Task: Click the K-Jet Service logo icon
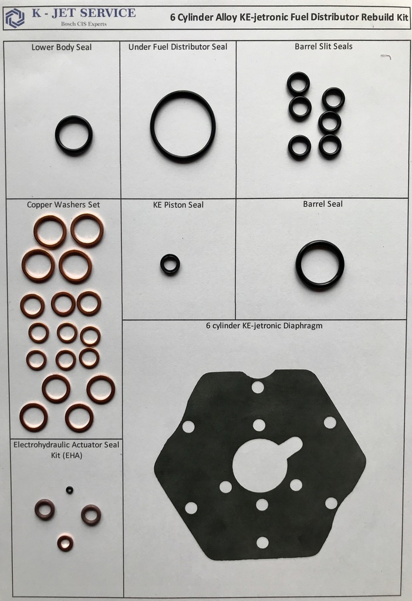[15, 18]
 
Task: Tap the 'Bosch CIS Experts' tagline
[84, 23]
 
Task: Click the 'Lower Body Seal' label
[62, 47]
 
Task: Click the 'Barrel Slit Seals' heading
[323, 46]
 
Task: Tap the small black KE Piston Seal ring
[170, 256]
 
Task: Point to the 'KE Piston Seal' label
[178, 205]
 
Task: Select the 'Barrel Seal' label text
[323, 204]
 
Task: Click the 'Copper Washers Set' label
[63, 205]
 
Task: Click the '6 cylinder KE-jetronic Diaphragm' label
[264, 326]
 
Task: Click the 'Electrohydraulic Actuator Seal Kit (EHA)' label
[66, 450]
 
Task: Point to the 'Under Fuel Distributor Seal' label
[178, 47]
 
